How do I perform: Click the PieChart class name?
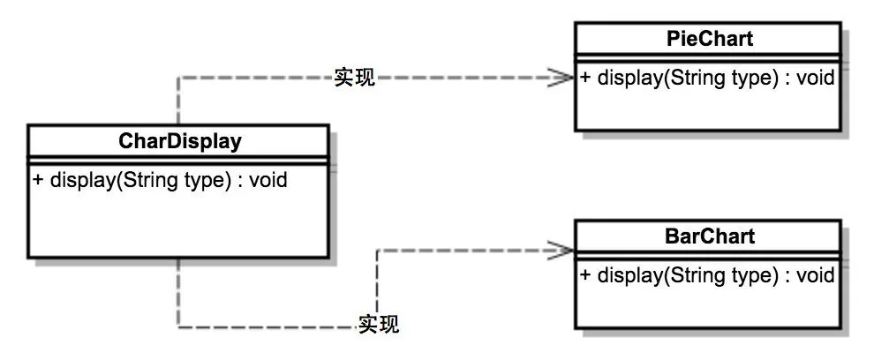coord(708,39)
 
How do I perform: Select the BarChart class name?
coord(708,236)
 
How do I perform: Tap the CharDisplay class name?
coord(179,140)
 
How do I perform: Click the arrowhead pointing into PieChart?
coord(562,78)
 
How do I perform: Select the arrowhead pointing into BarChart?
coord(562,250)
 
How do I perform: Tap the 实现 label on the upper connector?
coord(355,78)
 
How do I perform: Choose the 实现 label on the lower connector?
coord(379,325)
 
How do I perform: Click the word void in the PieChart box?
coord(816,77)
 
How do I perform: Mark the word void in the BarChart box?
coord(816,274)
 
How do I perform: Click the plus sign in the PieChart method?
coord(586,77)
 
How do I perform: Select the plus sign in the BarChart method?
coord(586,274)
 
